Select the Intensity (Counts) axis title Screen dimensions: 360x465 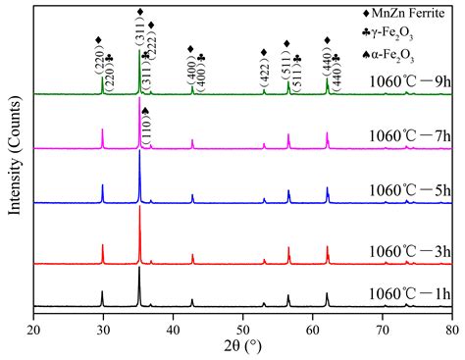tap(13, 162)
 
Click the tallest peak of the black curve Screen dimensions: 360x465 tap(139, 267)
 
